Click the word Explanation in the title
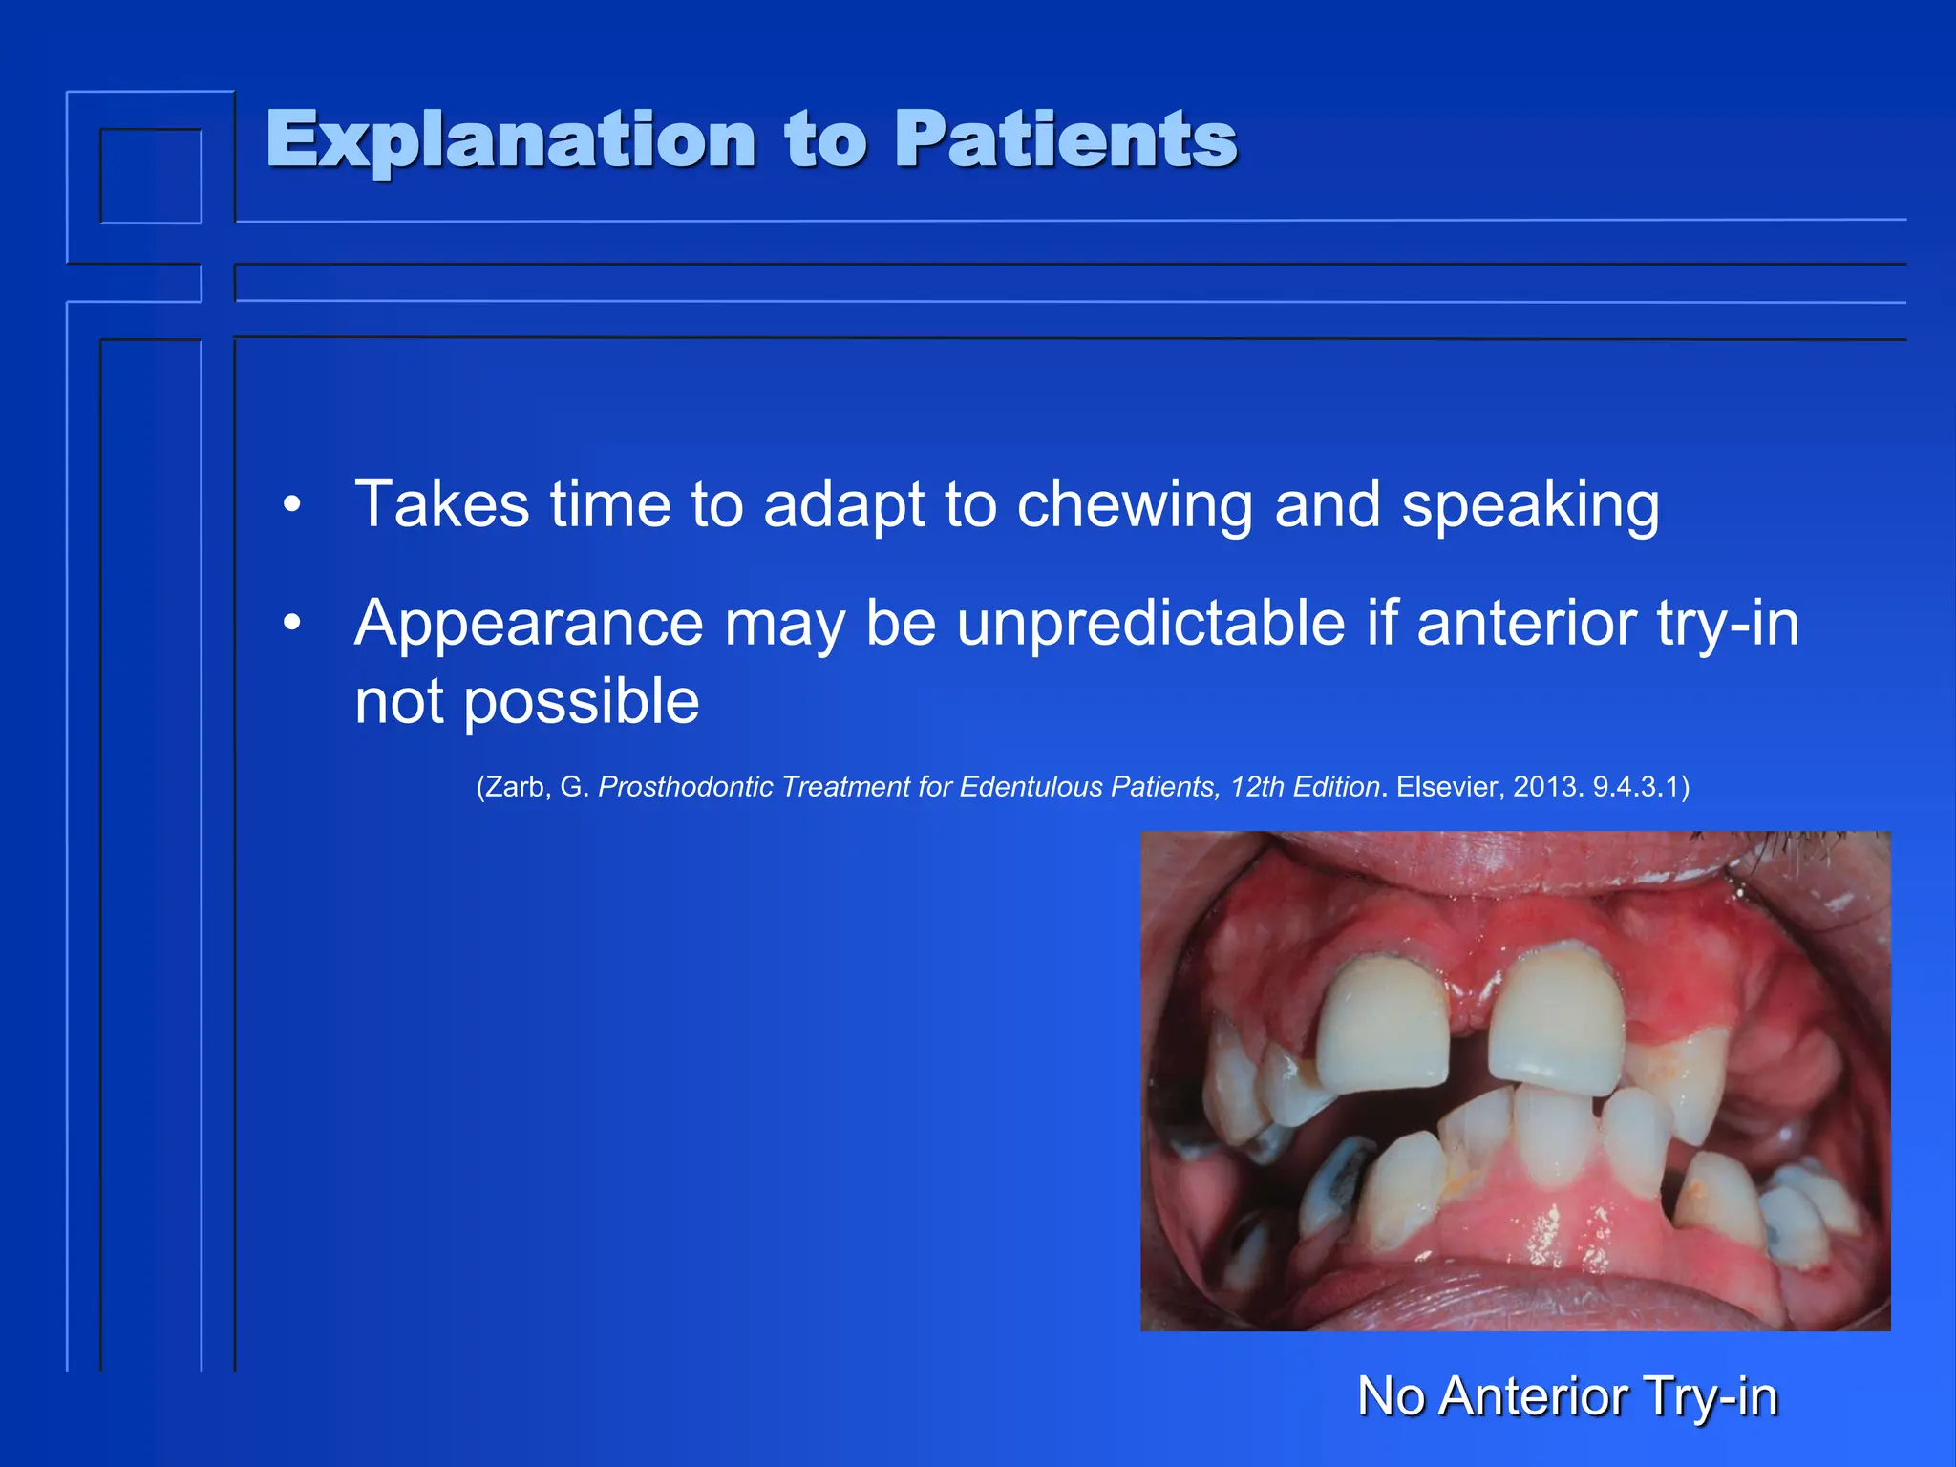[x=511, y=140]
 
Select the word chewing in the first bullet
[x=1134, y=505]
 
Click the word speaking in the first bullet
[x=1530, y=505]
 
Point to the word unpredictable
[x=1152, y=624]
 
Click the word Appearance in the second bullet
[x=529, y=624]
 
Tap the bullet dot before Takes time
[x=292, y=505]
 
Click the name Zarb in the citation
[x=517, y=787]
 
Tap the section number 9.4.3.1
[x=1634, y=787]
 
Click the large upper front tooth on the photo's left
[x=1382, y=1026]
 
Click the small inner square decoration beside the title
[x=151, y=176]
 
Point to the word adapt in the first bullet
[x=843, y=505]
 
